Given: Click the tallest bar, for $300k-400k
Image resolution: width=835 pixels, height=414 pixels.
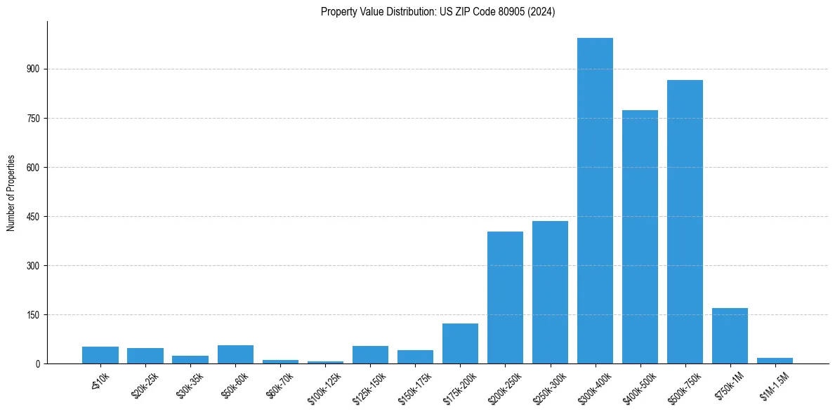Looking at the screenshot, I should pyautogui.click(x=595, y=201).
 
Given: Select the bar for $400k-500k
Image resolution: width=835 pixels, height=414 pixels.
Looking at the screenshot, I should pyautogui.click(x=640, y=236).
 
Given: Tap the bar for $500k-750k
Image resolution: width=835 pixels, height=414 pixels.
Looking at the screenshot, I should pyautogui.click(x=685, y=222).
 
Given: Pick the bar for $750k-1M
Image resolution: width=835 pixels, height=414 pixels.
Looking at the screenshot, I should pyautogui.click(x=730, y=335).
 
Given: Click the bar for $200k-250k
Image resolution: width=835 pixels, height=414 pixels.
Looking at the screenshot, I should pyautogui.click(x=505, y=298).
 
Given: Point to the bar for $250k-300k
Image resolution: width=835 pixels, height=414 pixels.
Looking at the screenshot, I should pyautogui.click(x=550, y=292).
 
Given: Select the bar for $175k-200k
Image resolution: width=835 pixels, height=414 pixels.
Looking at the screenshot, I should pyautogui.click(x=460, y=343).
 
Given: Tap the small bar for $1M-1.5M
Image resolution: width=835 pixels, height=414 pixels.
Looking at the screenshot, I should pyautogui.click(x=775, y=361).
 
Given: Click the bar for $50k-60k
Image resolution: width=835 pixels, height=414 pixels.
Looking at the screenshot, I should pyautogui.click(x=235, y=354).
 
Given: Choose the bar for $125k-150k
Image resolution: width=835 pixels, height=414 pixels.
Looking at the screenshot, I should pyautogui.click(x=370, y=354).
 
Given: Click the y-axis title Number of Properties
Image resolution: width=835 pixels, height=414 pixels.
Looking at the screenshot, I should pyautogui.click(x=11, y=193).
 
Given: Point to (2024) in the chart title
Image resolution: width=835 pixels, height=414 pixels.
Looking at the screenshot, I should pyautogui.click(x=544, y=12).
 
